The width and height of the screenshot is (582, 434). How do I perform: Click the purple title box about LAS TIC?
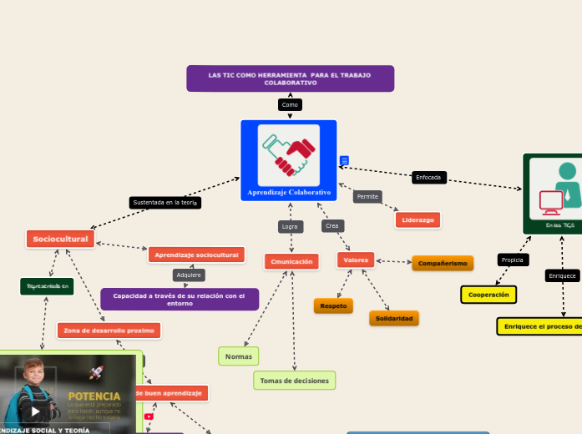point(290,79)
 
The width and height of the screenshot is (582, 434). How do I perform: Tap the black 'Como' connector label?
point(290,105)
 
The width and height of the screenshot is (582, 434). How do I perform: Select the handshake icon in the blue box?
point(288,154)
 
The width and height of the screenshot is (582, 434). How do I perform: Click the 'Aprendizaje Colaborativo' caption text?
point(288,193)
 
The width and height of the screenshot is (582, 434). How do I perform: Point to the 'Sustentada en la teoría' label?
point(165,202)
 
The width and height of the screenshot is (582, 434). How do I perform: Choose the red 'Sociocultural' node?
point(60,240)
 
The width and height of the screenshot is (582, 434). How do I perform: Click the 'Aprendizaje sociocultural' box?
point(196,255)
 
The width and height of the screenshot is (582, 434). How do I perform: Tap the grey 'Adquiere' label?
point(190,275)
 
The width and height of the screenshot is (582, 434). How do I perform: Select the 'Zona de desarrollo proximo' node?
point(109,331)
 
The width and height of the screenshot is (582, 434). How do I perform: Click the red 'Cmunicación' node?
point(291,261)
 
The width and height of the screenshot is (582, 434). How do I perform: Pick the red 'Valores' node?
point(356,260)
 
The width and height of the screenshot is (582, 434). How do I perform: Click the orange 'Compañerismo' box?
point(443,263)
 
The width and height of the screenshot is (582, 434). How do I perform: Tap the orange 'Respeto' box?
point(333,305)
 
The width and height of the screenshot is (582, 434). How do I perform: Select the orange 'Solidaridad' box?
point(394,319)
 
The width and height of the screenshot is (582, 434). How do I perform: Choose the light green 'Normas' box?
point(239,356)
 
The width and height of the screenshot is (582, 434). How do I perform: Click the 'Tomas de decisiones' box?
point(295,381)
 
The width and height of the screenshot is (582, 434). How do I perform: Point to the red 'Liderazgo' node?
point(418,220)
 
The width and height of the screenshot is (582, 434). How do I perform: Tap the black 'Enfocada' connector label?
point(429,178)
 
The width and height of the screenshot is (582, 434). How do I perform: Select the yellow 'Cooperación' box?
point(488,295)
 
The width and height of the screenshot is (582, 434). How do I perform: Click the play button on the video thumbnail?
point(35,411)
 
